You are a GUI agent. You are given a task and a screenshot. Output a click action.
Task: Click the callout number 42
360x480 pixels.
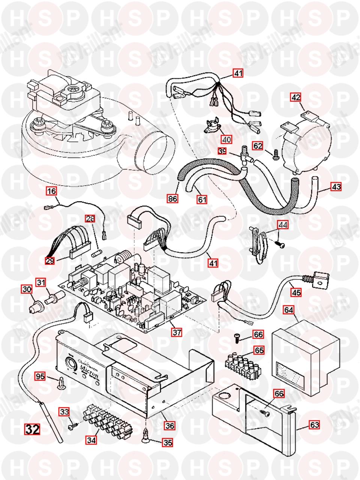click(x=296, y=97)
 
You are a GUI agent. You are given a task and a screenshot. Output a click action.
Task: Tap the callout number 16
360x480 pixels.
click(x=51, y=191)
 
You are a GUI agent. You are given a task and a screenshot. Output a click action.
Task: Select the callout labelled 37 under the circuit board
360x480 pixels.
click(x=177, y=331)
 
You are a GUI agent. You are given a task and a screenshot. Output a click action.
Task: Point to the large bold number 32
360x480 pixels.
click(x=32, y=429)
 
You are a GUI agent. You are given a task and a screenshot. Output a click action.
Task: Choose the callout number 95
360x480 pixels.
click(x=40, y=375)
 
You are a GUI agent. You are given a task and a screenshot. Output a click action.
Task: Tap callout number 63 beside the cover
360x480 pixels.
click(x=314, y=425)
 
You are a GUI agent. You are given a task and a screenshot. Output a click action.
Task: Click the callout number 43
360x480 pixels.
click(x=336, y=186)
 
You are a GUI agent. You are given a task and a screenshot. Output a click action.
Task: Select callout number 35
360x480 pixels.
click(x=167, y=443)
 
